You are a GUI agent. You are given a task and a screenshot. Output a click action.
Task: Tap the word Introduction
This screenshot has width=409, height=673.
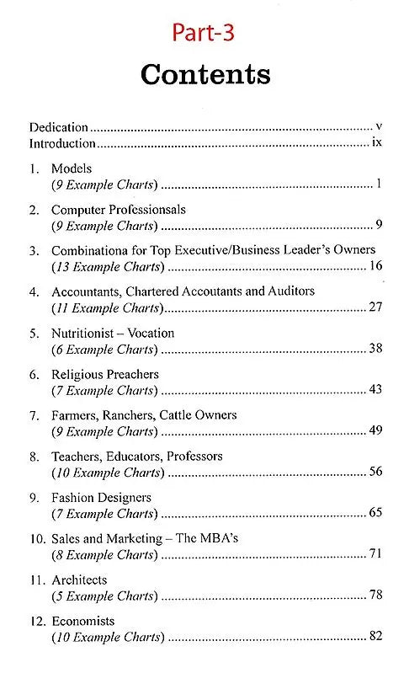[x=61, y=143]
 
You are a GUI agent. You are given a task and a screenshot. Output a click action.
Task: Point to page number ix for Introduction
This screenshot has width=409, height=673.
[x=377, y=142]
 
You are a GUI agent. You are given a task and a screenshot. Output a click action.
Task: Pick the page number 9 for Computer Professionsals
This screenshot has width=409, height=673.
[x=380, y=225]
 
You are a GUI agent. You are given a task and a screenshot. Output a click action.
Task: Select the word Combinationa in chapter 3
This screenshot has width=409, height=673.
[x=88, y=250]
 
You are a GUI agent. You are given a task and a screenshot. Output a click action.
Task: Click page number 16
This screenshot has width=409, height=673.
[x=376, y=266]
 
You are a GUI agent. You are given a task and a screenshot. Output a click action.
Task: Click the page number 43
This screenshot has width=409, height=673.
[x=376, y=389]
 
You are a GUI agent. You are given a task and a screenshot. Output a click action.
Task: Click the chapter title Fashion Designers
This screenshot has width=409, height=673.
[x=101, y=498]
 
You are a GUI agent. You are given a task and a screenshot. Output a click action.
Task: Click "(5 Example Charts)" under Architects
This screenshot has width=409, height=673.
[x=104, y=596]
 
